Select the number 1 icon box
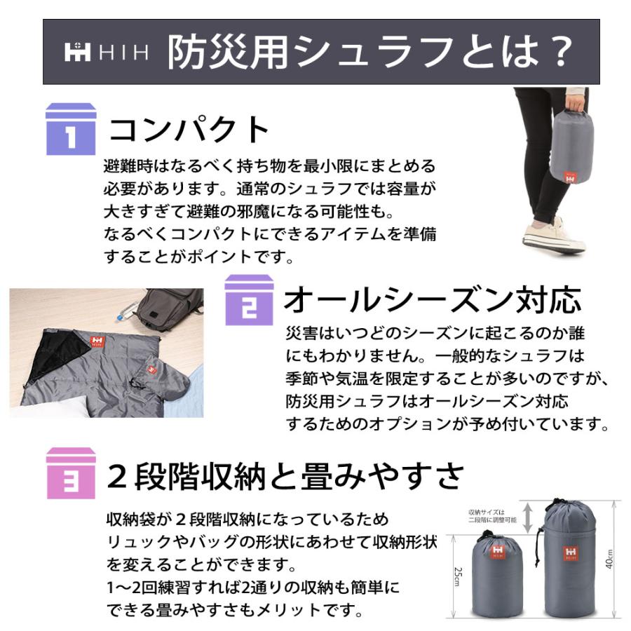click(70, 129)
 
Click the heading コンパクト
click(189, 130)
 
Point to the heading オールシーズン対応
click(432, 300)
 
